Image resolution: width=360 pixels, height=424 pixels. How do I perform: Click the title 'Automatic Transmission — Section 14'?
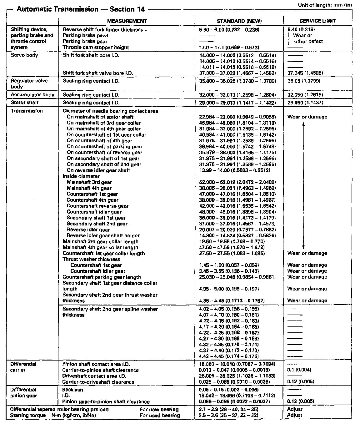coord(81,9)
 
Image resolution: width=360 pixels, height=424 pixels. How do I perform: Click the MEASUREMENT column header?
coord(127,21)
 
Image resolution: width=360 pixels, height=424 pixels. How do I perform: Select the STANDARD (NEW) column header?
coord(239,21)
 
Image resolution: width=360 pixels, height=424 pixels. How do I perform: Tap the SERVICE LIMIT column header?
coord(317,21)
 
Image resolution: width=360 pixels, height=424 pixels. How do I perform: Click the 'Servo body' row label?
coord(24,55)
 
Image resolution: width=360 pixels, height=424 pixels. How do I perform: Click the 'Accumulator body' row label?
coord(32,95)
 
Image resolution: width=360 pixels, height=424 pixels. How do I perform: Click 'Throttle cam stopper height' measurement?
coord(96,48)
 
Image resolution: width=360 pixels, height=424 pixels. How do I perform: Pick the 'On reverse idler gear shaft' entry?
coord(98,170)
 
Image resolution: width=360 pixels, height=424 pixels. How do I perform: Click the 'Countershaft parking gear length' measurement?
coord(102,277)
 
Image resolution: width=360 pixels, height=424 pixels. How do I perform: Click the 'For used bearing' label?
coord(160,416)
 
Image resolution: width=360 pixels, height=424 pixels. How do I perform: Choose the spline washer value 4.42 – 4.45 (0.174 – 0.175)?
coord(229,356)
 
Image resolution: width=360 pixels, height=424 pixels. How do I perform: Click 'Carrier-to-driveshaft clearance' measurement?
coord(98,382)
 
